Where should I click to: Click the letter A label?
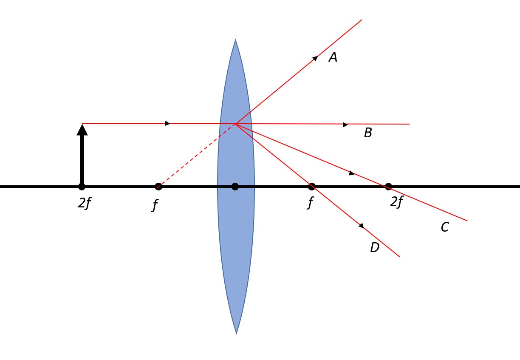[x=333, y=57]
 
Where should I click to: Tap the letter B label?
[x=368, y=133]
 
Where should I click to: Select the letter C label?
[x=444, y=227]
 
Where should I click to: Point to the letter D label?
[x=374, y=247]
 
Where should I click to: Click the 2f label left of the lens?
[x=85, y=204]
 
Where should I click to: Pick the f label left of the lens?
[x=155, y=205]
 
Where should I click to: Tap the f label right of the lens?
[x=311, y=203]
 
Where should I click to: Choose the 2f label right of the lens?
[x=396, y=202]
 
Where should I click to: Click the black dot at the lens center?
[x=235, y=186]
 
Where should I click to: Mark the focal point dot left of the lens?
[x=158, y=186]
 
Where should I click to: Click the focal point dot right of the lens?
[x=311, y=186]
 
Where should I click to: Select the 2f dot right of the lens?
[x=388, y=186]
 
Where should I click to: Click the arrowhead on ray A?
[x=315, y=58]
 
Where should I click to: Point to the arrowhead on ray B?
[x=345, y=125]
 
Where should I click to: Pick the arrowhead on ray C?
[x=352, y=173]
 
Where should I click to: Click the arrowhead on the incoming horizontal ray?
[x=168, y=123]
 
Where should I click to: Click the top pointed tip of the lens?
[x=235, y=40]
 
